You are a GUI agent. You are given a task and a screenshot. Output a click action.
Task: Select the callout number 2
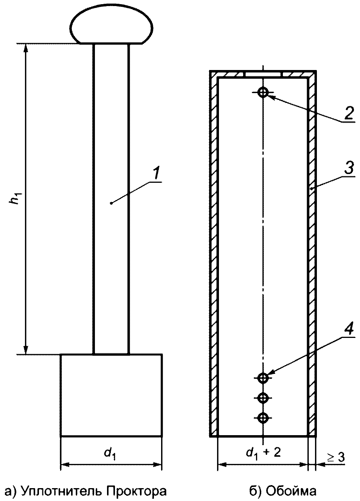click(x=349, y=113)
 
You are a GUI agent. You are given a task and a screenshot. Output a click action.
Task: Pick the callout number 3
click(x=349, y=168)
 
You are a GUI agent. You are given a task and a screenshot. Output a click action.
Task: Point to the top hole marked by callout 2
click(x=263, y=92)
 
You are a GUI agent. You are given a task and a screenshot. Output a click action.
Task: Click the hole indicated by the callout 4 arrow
click(x=263, y=378)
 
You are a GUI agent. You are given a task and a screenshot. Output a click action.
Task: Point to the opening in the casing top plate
click(x=264, y=74)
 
